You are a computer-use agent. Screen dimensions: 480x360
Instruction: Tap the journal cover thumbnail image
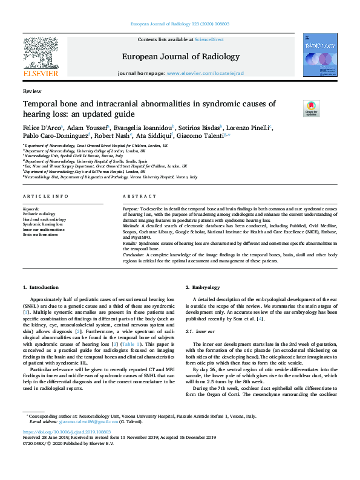click(x=320, y=55)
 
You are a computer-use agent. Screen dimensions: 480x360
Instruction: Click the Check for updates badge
click(x=311, y=108)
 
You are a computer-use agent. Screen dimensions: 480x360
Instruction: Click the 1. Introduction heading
click(x=41, y=287)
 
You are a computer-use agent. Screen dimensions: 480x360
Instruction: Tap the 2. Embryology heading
click(x=203, y=287)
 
